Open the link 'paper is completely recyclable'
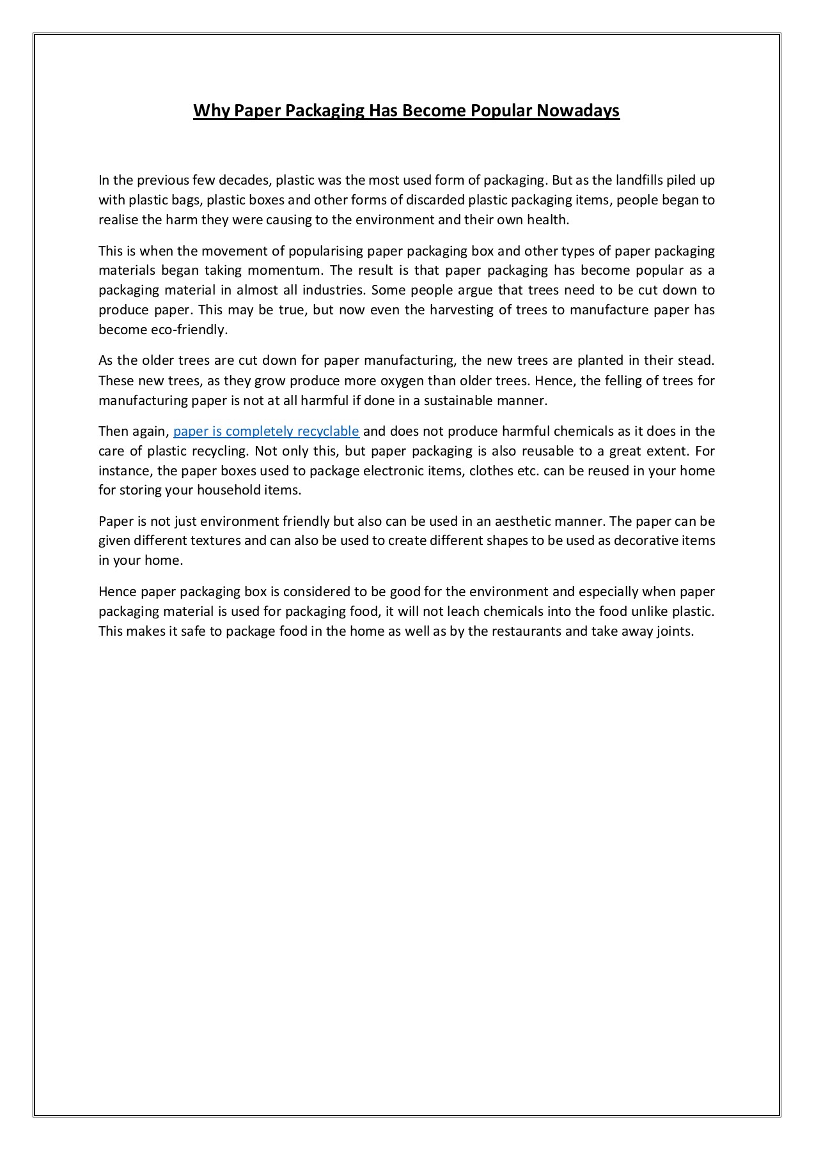[266, 431]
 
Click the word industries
[333, 290]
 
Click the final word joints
[675, 632]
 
